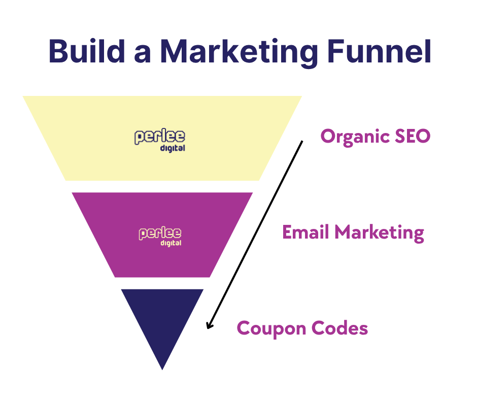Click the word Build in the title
[x=87, y=51]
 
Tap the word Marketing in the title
[x=239, y=53]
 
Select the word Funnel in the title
[x=380, y=51]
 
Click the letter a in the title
[x=143, y=54]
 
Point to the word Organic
[x=355, y=137]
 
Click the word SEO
[x=413, y=136]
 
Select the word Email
[x=305, y=232]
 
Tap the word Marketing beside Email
[x=380, y=234]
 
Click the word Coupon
[x=271, y=329]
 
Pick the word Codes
[x=340, y=328]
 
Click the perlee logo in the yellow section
[x=160, y=140]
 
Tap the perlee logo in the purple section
[x=160, y=236]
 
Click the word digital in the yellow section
[x=173, y=149]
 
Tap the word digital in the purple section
[x=171, y=243]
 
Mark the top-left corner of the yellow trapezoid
[x=23, y=96]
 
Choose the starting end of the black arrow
[x=302, y=141]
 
